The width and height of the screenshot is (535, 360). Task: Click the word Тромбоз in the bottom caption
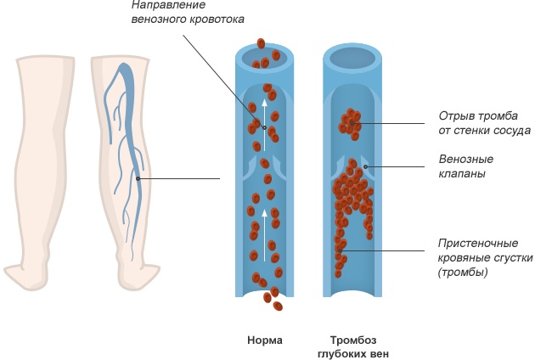tap(352, 340)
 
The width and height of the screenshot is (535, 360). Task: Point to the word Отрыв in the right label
tap(455, 115)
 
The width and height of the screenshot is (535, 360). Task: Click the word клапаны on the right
tap(462, 174)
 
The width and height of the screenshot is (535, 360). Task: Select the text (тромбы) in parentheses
tap(463, 273)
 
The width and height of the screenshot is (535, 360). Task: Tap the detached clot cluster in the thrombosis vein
tap(350, 123)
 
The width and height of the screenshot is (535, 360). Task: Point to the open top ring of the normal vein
tap(265, 58)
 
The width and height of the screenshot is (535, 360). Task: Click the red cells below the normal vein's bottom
tap(273, 298)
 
